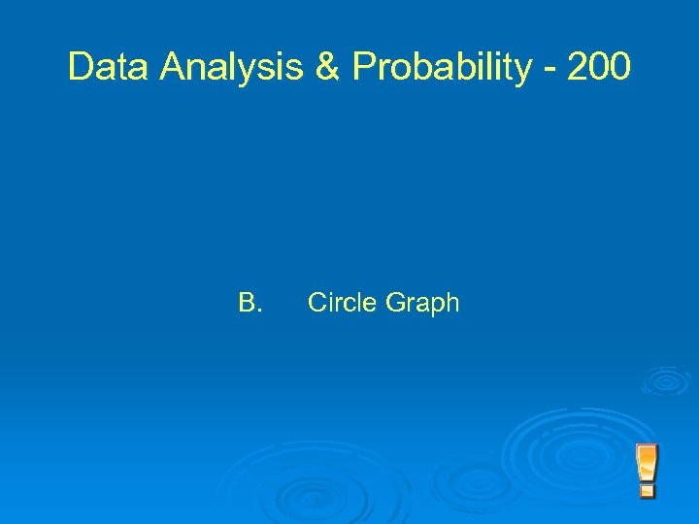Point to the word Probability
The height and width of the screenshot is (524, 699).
[442, 67]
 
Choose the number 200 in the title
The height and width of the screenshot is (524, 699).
[599, 67]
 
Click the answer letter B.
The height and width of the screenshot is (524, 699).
[250, 303]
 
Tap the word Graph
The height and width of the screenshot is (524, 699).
[422, 304]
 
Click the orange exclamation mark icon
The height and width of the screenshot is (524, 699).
[647, 471]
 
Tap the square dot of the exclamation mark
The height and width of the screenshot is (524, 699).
[647, 491]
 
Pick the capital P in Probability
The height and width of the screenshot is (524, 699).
[363, 67]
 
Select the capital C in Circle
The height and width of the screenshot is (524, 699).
[316, 303]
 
